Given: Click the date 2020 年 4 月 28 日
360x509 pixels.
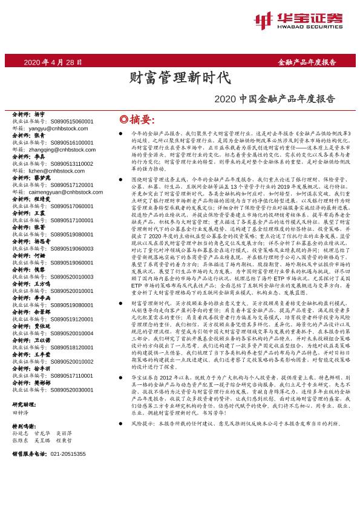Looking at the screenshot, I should tap(53, 62).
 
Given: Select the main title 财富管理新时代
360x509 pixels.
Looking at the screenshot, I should tap(180, 77).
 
